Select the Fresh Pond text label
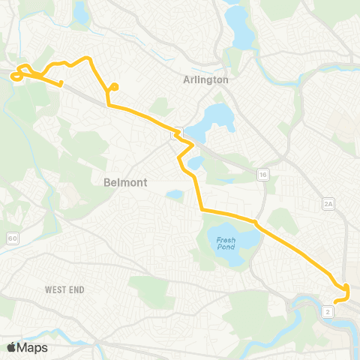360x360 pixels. click(x=226, y=242)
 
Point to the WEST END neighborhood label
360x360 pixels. click(x=64, y=289)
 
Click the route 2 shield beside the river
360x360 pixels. click(x=328, y=310)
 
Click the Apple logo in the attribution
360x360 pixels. click(x=12, y=347)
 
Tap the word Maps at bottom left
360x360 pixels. click(x=33, y=347)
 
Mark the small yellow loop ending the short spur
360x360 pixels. click(x=114, y=88)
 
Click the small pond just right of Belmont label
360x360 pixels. click(x=174, y=195)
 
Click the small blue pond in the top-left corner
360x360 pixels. click(x=79, y=11)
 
